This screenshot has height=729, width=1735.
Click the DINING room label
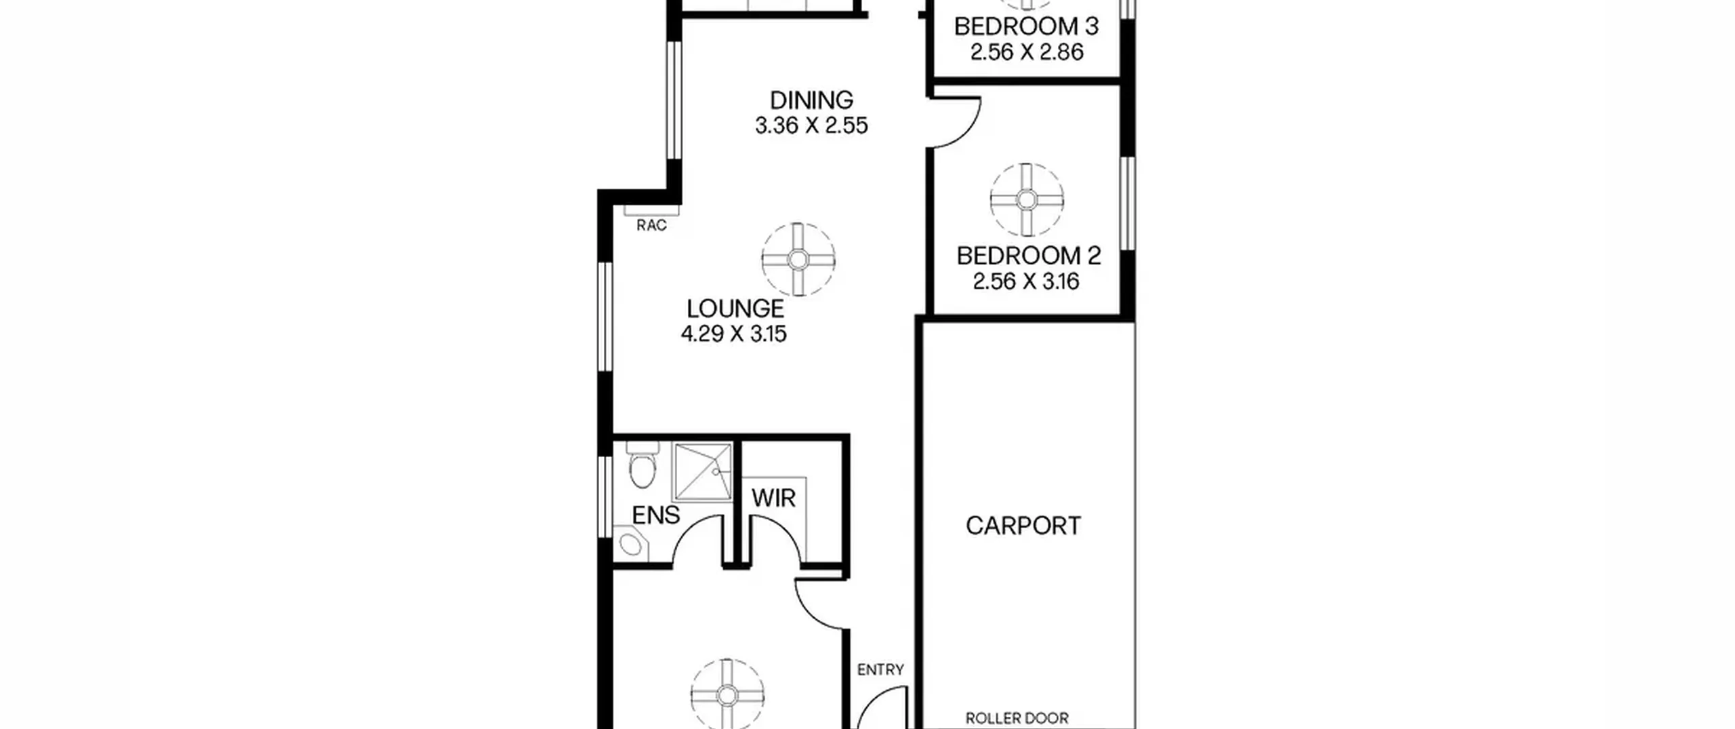(x=811, y=100)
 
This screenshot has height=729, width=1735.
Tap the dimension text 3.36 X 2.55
(x=811, y=126)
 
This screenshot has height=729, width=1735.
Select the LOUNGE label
(x=735, y=309)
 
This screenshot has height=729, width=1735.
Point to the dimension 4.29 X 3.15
(x=733, y=334)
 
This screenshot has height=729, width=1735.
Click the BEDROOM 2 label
(x=1028, y=256)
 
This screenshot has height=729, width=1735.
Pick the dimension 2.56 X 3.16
(x=1026, y=281)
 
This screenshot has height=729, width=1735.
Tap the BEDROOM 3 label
(x=1026, y=26)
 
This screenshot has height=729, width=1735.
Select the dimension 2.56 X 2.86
(x=1027, y=52)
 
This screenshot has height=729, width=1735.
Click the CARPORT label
(x=1023, y=526)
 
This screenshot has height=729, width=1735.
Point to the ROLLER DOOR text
(x=1017, y=718)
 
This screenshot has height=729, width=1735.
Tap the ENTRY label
(x=880, y=670)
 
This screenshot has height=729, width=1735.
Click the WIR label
(x=773, y=498)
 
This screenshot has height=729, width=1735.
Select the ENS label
(x=655, y=515)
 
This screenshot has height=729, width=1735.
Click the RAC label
(x=651, y=225)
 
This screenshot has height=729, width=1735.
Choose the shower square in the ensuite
(x=703, y=472)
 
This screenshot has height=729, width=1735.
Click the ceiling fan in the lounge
(x=798, y=259)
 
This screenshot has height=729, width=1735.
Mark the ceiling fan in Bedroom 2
(x=1026, y=200)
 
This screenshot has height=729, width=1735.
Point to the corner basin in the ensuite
(x=630, y=545)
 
